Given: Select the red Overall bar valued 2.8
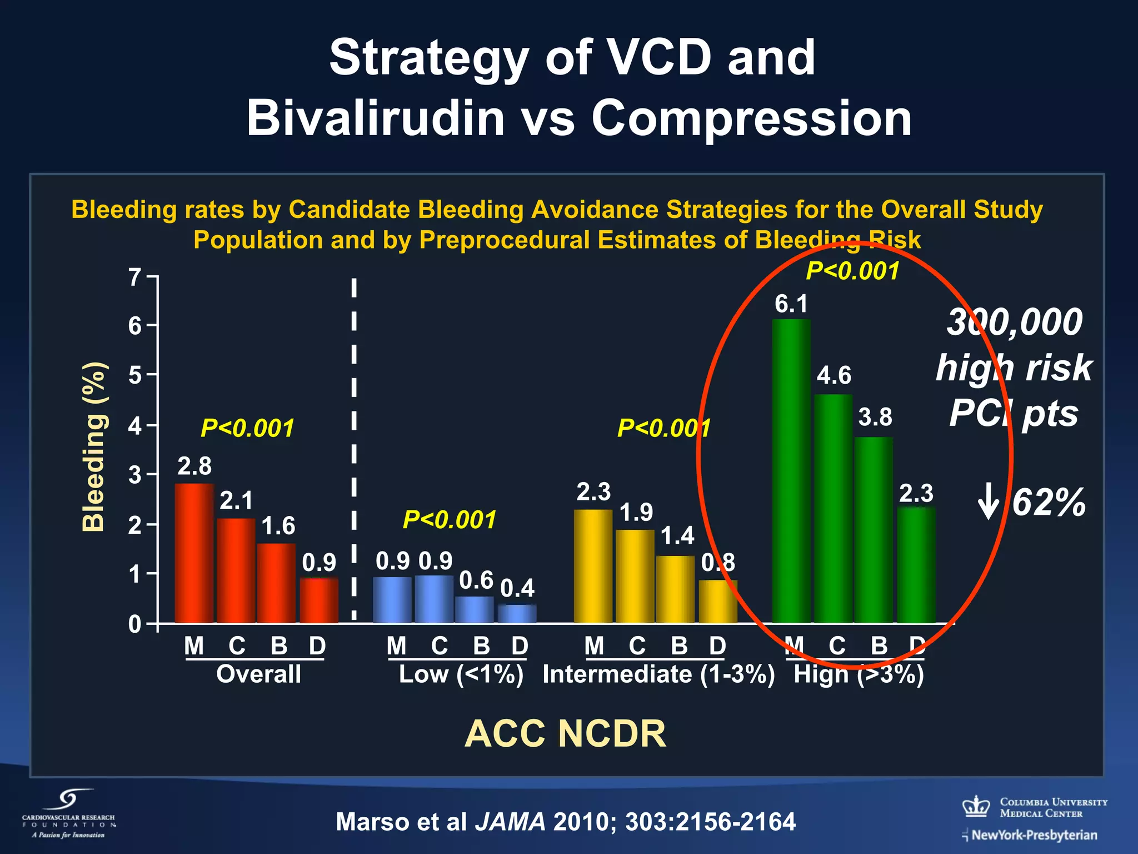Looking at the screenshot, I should (194, 553).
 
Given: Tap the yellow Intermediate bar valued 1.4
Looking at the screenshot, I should (675, 589).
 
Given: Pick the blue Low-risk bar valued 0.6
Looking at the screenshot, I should (474, 610).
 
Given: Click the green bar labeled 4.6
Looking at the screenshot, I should (833, 509).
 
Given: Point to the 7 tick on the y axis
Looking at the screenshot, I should (135, 277).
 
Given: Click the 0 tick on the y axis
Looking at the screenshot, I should (135, 624).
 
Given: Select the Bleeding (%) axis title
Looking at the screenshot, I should (93, 446).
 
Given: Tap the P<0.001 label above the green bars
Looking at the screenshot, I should (852, 271).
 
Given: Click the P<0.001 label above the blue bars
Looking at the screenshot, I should (449, 520).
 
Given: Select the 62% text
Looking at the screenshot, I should (1048, 503).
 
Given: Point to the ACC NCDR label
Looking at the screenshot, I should (565, 734).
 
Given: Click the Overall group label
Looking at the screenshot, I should (258, 674).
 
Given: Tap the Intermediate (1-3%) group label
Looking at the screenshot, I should (658, 674).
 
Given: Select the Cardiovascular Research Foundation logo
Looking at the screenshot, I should (69, 813).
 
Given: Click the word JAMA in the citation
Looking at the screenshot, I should (510, 822).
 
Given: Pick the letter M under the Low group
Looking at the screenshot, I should (396, 646).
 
